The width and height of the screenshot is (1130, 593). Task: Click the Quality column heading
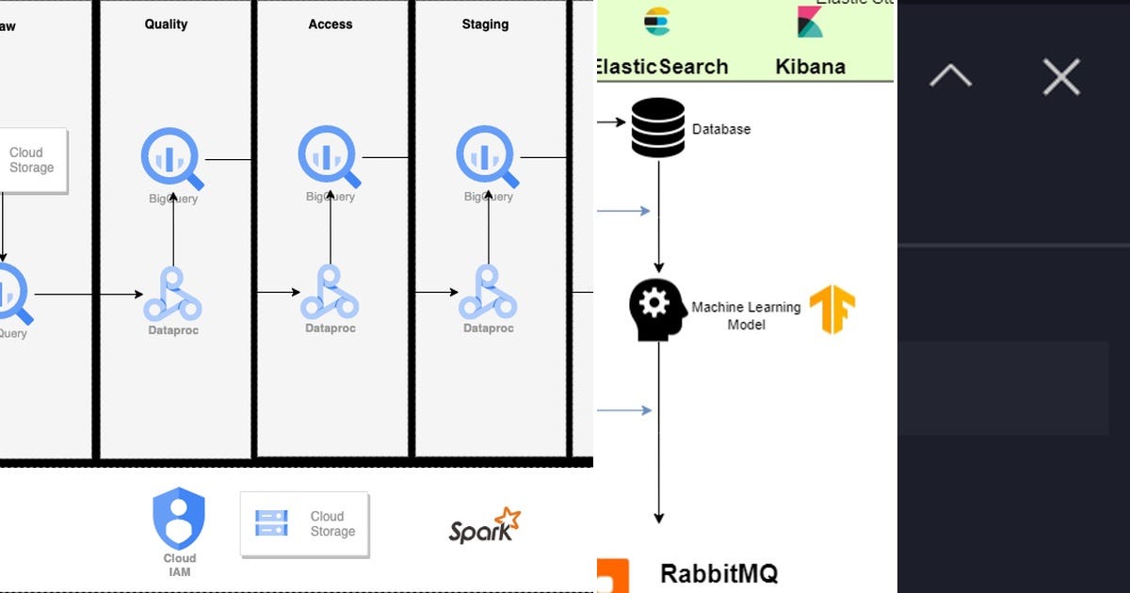[167, 24]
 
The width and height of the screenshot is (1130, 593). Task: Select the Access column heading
[330, 24]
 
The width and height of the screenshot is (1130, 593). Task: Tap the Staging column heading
[485, 24]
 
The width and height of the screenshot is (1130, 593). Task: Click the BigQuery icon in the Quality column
[171, 158]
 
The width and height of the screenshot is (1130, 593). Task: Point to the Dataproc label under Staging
[488, 329]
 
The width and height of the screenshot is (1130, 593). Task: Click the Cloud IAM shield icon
[179, 519]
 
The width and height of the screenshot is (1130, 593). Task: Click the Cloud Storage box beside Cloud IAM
[304, 523]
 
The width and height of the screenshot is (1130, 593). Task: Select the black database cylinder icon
[658, 127]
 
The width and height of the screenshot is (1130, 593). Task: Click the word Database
[721, 129]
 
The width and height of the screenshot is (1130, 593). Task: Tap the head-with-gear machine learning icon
[657, 310]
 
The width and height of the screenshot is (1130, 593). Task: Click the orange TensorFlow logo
[832, 310]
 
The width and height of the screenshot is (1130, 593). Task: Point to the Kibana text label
[810, 67]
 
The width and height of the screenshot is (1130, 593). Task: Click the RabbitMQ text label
[718, 573]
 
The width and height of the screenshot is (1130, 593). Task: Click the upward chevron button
[950, 76]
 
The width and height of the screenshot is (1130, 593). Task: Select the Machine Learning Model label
[746, 315]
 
